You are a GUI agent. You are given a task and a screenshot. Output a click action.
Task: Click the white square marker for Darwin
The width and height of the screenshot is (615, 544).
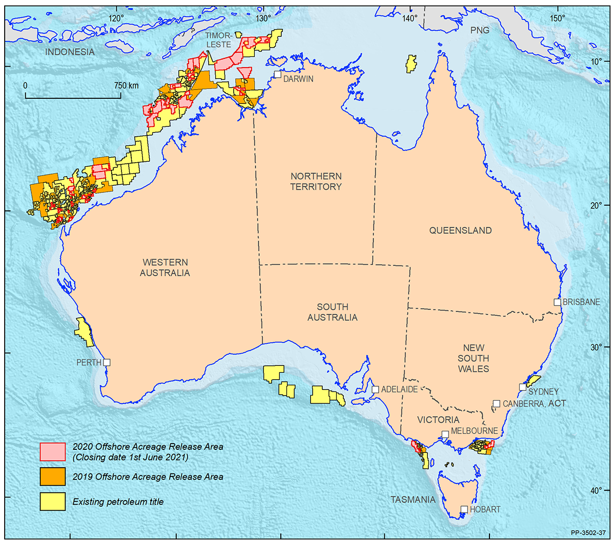point(277,74)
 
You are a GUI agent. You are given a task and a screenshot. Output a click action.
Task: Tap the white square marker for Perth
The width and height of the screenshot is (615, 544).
point(107,362)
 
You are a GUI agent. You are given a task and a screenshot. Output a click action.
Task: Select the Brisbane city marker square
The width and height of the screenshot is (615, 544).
point(557,302)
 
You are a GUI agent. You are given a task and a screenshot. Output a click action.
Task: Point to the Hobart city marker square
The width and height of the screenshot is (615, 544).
point(464,509)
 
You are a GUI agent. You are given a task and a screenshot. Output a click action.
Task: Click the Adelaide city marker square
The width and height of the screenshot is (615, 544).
point(375,389)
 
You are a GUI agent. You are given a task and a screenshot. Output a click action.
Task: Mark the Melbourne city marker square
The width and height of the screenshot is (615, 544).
point(445,434)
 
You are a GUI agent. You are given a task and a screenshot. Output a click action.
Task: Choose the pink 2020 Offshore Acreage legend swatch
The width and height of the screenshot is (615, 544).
point(53,451)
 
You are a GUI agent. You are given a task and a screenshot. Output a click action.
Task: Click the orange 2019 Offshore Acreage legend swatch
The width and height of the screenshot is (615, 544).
point(53,476)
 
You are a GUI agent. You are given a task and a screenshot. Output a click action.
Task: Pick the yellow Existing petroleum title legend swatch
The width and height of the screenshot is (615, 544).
point(53,502)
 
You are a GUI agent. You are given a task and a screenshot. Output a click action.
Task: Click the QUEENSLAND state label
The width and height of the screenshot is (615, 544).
point(460,231)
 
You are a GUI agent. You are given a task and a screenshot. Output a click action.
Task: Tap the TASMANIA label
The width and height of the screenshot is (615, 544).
point(413,499)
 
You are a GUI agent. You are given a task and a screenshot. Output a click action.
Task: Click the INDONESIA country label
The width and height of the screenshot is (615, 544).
point(70,52)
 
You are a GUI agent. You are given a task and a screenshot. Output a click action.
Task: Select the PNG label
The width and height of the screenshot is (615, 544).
point(480,31)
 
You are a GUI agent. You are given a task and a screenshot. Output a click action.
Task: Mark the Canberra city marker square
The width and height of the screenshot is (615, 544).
point(496,404)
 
